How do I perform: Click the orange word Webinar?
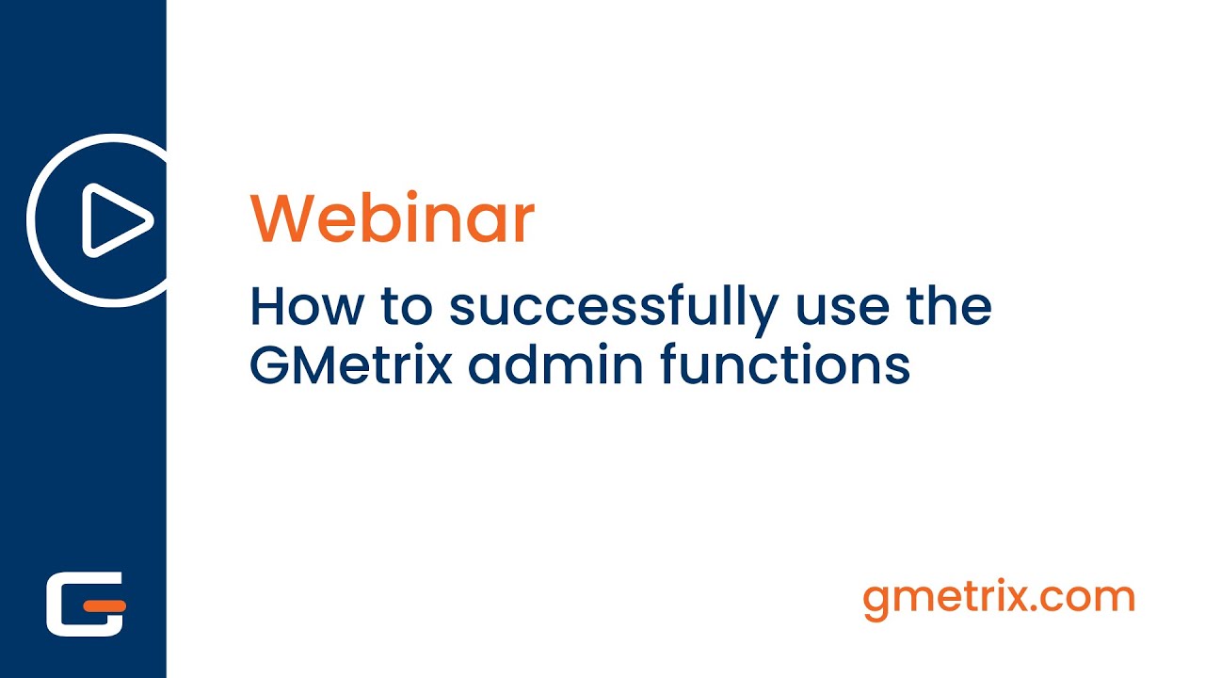(x=392, y=218)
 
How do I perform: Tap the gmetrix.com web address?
(x=999, y=598)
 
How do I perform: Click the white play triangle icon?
(x=115, y=220)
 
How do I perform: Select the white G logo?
(x=86, y=603)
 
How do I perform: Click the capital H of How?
(x=266, y=306)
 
